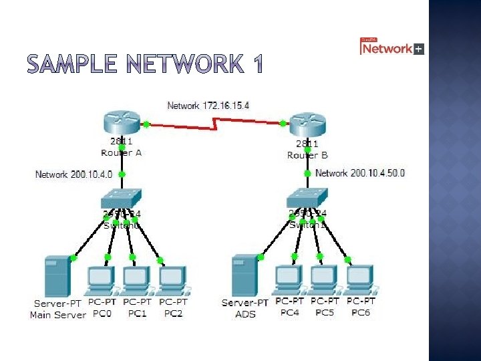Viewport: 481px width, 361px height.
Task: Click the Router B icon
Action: (307, 125)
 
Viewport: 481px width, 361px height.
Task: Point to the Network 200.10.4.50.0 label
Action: (359, 173)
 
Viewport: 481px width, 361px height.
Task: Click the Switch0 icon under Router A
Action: (122, 199)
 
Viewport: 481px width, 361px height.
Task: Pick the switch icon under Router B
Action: (307, 198)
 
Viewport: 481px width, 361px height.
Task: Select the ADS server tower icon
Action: (245, 275)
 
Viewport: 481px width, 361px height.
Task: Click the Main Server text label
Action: (58, 315)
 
